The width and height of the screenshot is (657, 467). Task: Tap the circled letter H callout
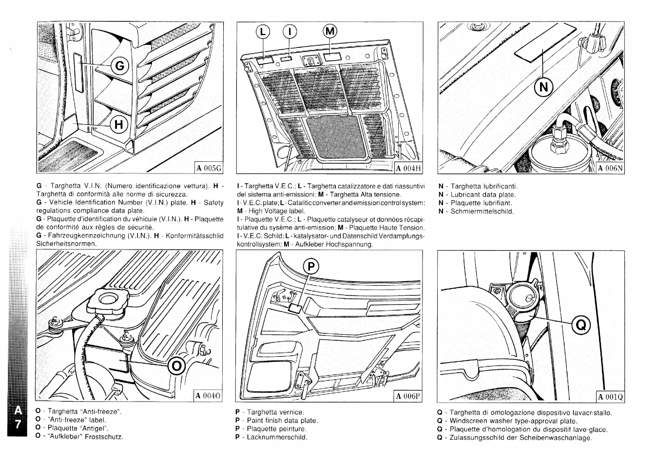118,125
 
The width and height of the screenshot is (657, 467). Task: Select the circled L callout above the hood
263,32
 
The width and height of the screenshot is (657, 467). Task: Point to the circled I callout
290,32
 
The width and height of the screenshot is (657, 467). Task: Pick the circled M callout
330,32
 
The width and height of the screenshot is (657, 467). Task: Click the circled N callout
544,87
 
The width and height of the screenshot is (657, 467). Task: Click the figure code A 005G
209,168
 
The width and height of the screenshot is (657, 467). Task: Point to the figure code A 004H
408,169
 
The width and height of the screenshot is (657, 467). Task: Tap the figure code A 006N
610,168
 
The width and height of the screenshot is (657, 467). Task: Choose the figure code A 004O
208,396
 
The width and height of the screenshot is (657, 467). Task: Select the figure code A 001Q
610,396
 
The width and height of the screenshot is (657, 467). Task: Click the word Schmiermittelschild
482,212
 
